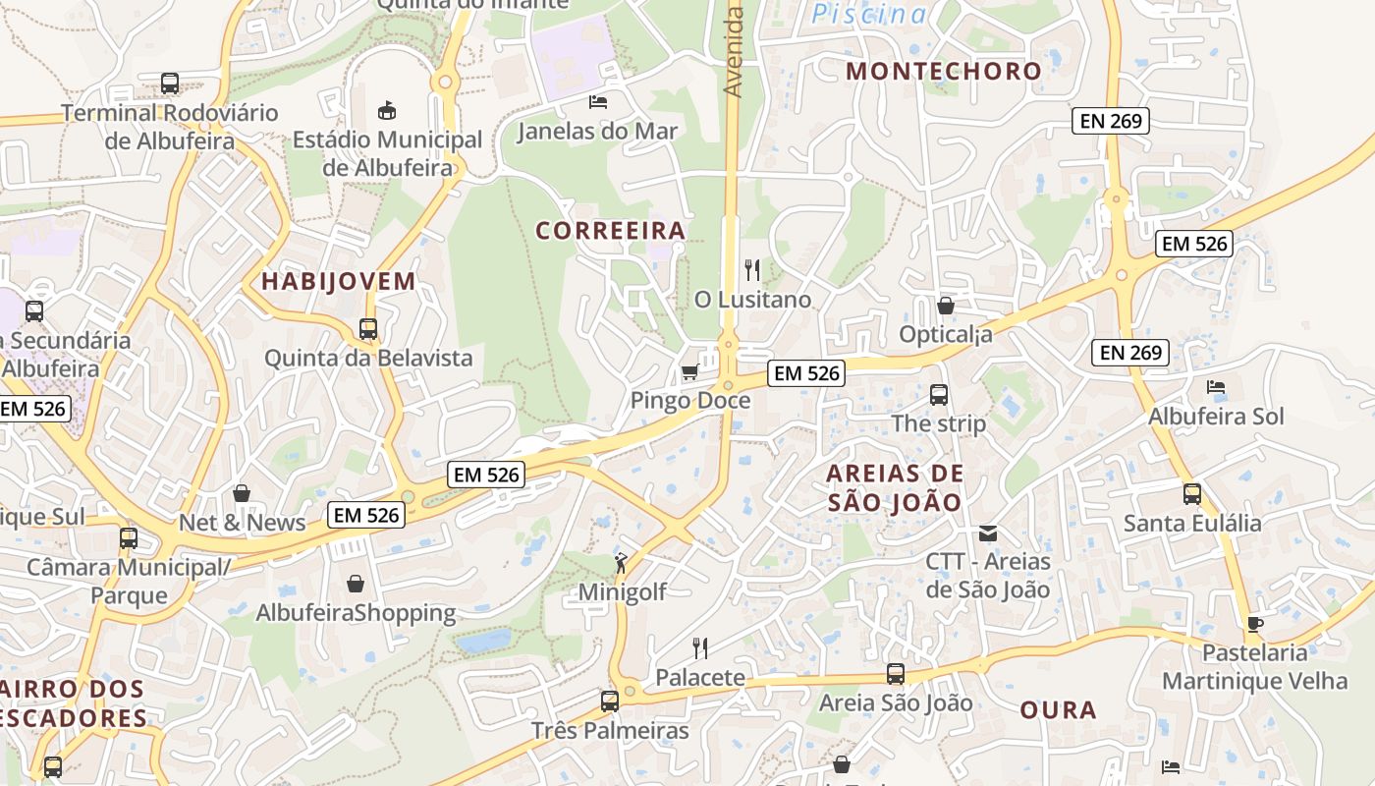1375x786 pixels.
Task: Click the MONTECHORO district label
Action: pos(943,71)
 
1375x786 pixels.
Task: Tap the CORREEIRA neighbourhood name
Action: pos(610,231)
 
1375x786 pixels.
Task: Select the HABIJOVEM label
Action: pos(338,282)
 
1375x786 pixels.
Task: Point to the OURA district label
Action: pos(1058,710)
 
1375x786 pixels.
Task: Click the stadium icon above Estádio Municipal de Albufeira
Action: pos(387,109)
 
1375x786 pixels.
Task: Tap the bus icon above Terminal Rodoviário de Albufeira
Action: pos(170,84)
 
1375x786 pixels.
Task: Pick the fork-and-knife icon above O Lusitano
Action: pos(752,270)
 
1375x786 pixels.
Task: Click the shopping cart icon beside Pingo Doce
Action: pos(689,371)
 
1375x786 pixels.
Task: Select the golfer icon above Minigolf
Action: pos(621,563)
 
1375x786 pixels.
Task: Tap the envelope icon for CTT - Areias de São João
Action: pos(988,533)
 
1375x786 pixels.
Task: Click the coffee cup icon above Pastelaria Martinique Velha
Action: pos(1254,624)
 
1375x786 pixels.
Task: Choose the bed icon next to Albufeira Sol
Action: pos(1216,387)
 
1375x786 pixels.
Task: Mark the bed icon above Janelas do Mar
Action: pos(597,101)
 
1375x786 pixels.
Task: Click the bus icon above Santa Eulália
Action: pos(1191,493)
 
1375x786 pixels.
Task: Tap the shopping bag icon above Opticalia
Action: pos(945,306)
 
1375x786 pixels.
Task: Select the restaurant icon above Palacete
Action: pos(699,648)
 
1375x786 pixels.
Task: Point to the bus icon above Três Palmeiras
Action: pos(610,702)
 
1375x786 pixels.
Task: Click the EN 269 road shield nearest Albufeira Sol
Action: pos(1130,353)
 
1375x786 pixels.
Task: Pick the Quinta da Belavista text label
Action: pos(368,358)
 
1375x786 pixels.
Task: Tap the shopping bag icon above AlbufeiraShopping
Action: pos(356,585)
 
